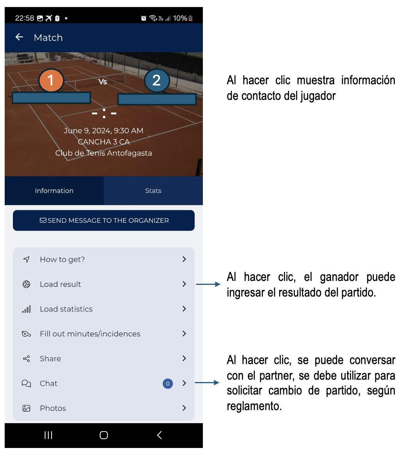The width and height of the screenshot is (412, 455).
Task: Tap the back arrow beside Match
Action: (x=19, y=37)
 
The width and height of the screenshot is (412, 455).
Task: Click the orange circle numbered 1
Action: (x=51, y=80)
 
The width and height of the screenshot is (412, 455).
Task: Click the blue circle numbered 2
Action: (x=156, y=80)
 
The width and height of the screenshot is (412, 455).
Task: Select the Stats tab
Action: (x=153, y=190)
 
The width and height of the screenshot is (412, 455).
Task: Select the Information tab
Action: (x=54, y=190)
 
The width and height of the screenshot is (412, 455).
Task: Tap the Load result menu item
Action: (x=60, y=284)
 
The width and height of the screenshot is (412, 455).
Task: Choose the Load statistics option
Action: (x=66, y=309)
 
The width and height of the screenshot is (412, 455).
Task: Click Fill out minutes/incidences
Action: (x=90, y=334)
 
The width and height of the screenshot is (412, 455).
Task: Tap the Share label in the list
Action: (x=50, y=359)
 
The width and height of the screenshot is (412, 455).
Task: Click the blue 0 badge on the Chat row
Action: (x=168, y=384)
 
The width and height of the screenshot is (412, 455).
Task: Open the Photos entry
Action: (x=53, y=408)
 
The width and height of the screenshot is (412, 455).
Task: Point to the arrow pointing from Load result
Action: (x=208, y=284)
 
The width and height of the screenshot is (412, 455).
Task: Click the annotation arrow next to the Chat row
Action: (x=207, y=383)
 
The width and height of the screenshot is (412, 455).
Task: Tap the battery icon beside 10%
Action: (x=190, y=18)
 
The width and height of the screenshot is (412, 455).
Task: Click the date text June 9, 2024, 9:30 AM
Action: (x=103, y=131)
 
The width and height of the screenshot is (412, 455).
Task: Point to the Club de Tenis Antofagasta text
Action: (x=103, y=153)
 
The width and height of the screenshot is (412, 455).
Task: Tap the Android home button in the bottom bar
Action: (x=104, y=435)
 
